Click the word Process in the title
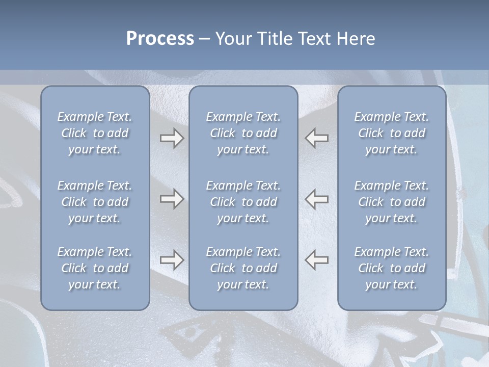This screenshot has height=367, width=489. point(160,39)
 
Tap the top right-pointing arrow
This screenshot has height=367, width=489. point(172,138)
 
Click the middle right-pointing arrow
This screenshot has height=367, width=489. point(172,199)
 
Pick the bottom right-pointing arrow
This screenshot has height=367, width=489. point(172,259)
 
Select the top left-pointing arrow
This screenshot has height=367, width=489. point(316,138)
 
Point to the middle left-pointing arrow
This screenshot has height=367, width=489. point(316,199)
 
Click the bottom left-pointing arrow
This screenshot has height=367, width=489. point(316,259)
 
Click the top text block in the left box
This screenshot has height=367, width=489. point(95,133)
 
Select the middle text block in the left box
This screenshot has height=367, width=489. point(95,202)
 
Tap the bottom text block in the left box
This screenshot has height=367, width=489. point(95,268)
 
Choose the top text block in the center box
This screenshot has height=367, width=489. point(243,133)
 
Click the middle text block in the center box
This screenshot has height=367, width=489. point(243,202)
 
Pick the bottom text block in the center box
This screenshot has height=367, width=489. point(243,268)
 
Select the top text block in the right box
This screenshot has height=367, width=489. point(391,133)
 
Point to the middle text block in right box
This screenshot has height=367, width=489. point(391,202)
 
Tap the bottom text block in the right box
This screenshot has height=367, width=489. point(391,268)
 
